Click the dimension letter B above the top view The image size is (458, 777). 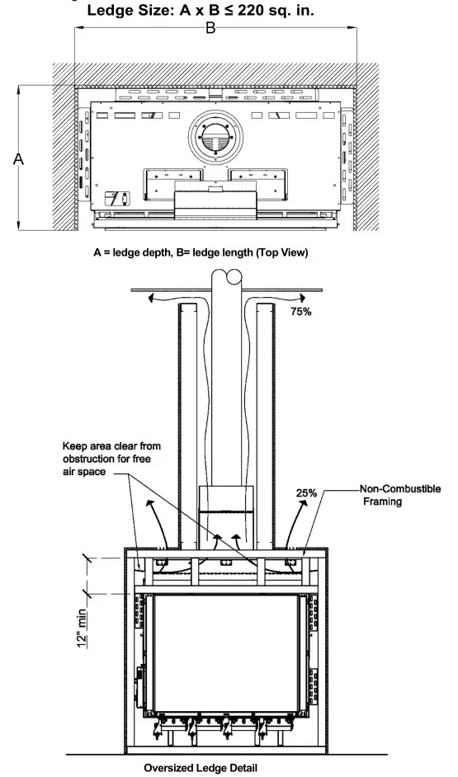point(211,29)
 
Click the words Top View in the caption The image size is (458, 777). point(285,253)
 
